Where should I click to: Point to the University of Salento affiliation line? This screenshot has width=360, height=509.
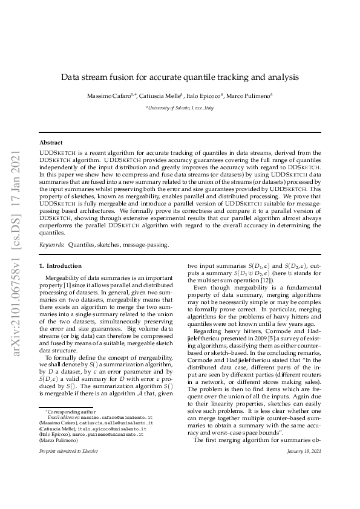pos(180,108)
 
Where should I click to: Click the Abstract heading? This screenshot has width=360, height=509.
pos(51,142)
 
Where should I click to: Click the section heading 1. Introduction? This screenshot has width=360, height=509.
pos(60,266)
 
